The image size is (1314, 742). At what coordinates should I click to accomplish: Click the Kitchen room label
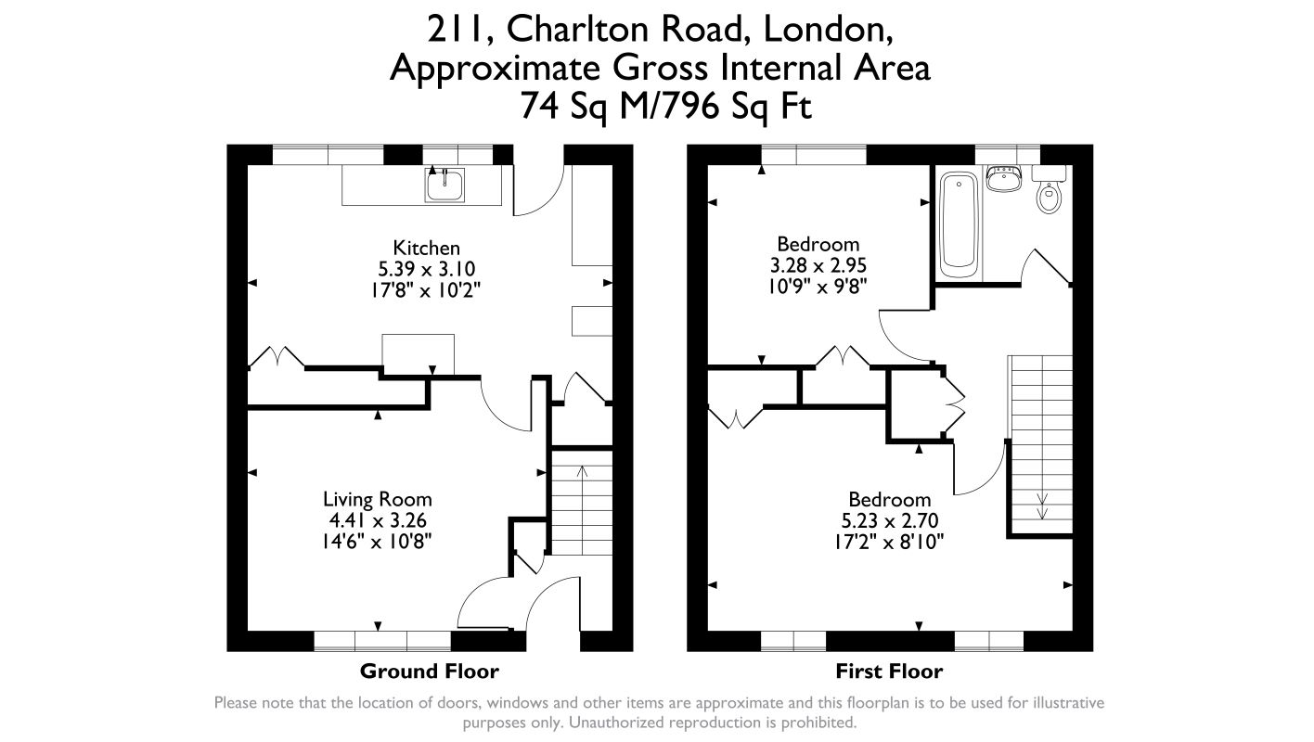(427, 248)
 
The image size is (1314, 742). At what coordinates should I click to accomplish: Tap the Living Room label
(377, 499)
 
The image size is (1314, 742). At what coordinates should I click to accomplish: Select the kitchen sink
(445, 185)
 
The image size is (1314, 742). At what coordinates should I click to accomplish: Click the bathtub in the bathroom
(959, 224)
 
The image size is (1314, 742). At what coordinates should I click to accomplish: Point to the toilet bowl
(1049, 197)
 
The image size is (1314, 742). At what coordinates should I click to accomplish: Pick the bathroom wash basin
(1004, 178)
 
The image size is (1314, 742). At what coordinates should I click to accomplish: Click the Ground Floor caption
(430, 672)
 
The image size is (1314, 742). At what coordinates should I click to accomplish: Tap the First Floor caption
(889, 672)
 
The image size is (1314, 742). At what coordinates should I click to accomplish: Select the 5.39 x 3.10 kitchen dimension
(427, 269)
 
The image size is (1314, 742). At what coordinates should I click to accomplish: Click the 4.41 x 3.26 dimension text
(377, 520)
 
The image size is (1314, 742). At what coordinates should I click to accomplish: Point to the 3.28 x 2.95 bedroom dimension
(818, 265)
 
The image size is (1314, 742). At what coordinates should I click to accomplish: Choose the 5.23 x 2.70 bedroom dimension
(890, 520)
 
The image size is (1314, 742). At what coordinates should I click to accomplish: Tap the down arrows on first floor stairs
(1042, 506)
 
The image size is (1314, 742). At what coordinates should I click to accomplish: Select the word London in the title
(828, 31)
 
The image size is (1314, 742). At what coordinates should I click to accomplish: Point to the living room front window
(382, 641)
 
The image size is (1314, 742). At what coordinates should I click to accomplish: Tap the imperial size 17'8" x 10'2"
(427, 290)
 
